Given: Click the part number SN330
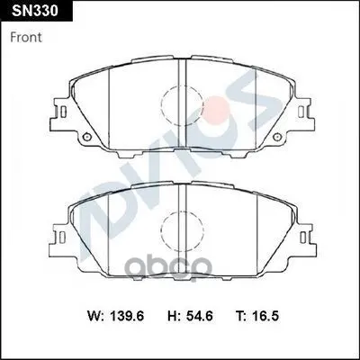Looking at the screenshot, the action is [x=34, y=11].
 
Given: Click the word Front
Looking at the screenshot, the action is [x=26, y=38].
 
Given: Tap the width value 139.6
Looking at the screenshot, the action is [x=128, y=316].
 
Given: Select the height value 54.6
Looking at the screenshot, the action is [x=199, y=316].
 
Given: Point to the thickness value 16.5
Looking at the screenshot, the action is [x=265, y=316].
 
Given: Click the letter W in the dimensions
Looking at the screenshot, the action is [x=94, y=316].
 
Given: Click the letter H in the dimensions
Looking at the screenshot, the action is [x=172, y=316].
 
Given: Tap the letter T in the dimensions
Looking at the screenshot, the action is [x=240, y=316].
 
